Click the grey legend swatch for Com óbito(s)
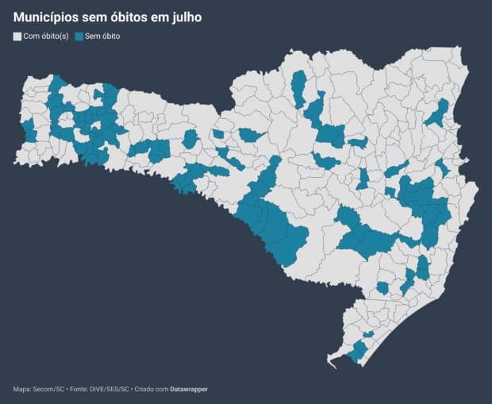click(x=17, y=37)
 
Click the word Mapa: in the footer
click(x=23, y=389)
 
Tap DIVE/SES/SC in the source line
click(x=119, y=389)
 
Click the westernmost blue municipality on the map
click(x=29, y=131)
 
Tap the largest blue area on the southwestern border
click(x=274, y=226)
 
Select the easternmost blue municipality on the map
click(x=441, y=167)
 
